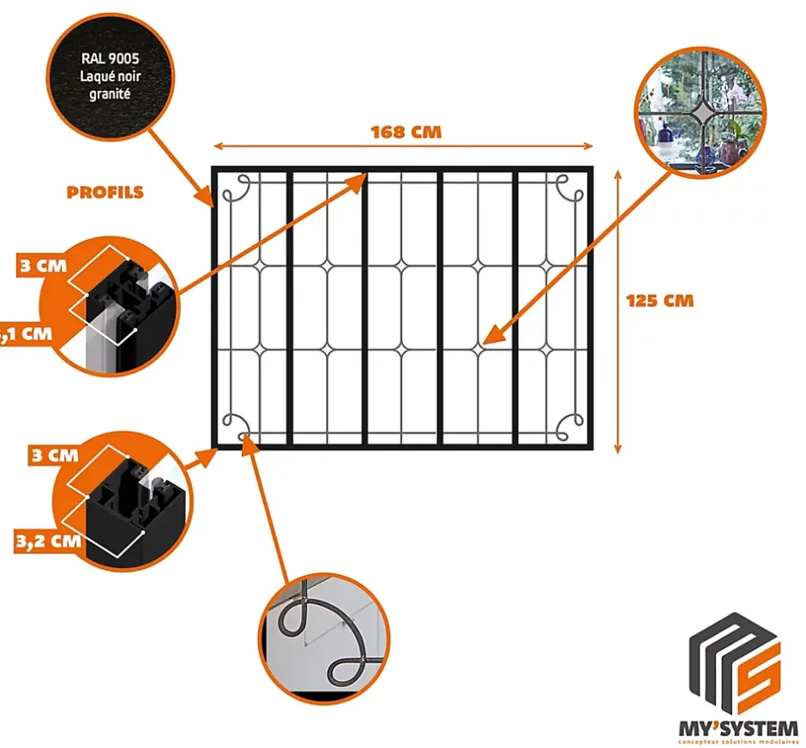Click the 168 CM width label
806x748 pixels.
tap(406, 133)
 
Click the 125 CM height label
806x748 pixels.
tap(659, 301)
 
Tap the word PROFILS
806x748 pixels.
tap(105, 192)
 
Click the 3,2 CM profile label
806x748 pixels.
tap(48, 541)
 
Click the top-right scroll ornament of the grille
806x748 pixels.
tap(566, 188)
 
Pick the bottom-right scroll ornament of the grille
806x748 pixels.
tap(567, 424)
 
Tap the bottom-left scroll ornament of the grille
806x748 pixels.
tap(235, 424)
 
